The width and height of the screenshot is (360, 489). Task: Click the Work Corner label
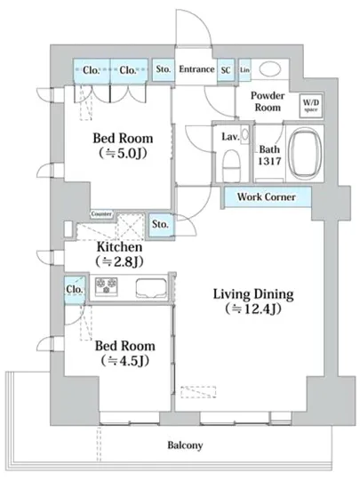[266, 196]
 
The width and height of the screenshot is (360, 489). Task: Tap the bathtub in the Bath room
[305, 154]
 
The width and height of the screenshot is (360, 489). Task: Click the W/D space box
[310, 106]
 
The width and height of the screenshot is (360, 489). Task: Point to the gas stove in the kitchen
[107, 285]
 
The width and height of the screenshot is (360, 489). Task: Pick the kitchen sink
[151, 287]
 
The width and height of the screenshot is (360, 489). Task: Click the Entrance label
[196, 69]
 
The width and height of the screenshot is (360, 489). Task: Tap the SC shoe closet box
[226, 70]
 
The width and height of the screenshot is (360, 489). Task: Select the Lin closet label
[245, 70]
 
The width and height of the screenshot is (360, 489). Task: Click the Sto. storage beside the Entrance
[163, 69]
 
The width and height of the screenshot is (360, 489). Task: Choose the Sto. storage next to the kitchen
[161, 225]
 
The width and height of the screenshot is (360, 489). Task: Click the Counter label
[101, 214]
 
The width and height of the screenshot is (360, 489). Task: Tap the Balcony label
[185, 445]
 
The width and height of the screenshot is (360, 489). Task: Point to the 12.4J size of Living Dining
[253, 309]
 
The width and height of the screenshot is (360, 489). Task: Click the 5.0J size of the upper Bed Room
[124, 153]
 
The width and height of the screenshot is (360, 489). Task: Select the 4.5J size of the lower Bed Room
[124, 360]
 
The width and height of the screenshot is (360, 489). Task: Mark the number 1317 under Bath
[269, 161]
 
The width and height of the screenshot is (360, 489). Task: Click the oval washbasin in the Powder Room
[270, 69]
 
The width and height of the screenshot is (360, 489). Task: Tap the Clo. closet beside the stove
[75, 290]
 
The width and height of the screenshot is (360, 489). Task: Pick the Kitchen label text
[120, 246]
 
